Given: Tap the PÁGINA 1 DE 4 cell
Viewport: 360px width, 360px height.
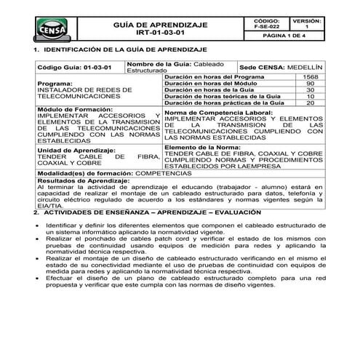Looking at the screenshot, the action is [x=292, y=36].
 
